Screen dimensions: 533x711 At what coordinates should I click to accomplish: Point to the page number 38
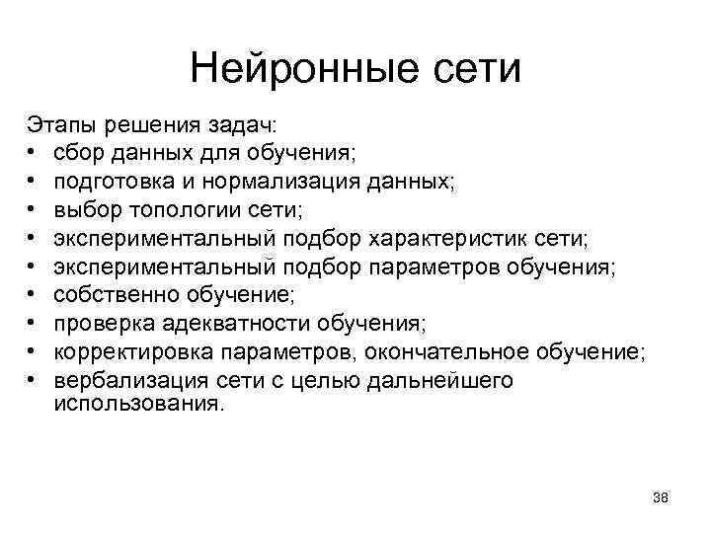[661, 498]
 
